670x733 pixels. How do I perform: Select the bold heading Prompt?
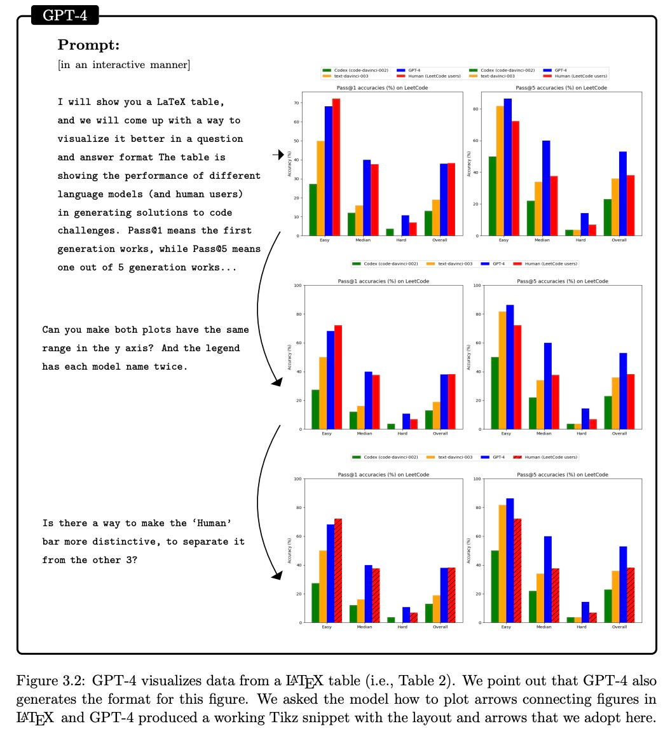tap(88, 45)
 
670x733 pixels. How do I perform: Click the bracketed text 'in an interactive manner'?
tap(123, 64)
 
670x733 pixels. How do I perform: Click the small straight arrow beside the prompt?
tap(278, 155)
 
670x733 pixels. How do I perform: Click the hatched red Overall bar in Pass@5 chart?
tap(631, 595)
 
